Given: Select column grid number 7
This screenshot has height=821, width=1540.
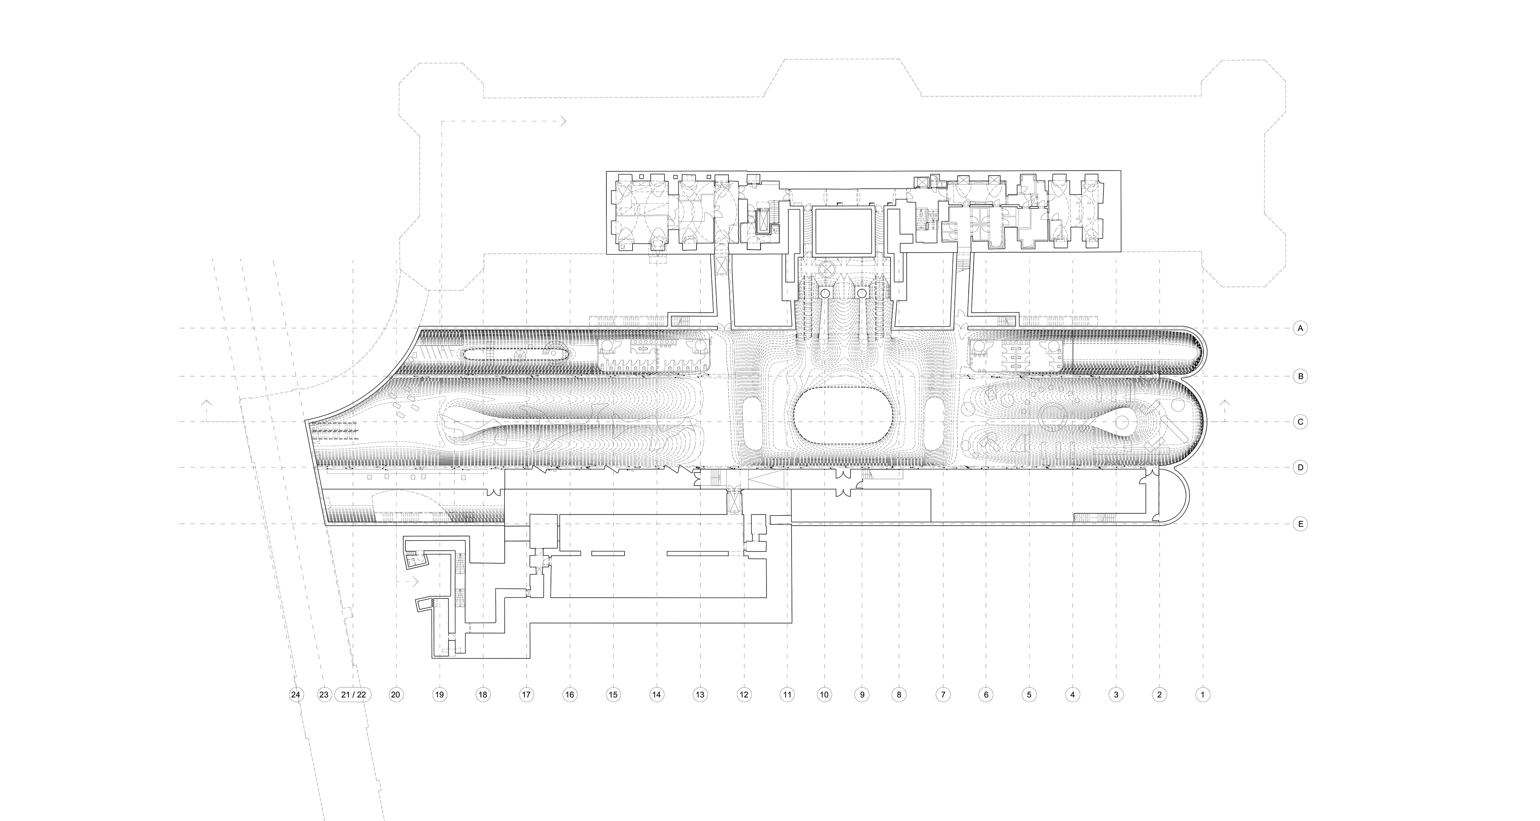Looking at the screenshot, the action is (x=943, y=695).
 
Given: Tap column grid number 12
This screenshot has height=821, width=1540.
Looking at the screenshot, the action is (x=744, y=695).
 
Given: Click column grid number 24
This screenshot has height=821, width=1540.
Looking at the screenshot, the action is (x=295, y=695).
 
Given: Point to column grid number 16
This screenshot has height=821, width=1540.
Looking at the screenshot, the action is (x=570, y=695).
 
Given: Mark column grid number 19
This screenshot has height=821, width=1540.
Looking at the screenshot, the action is (x=439, y=695).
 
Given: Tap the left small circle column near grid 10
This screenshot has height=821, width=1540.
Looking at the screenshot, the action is (x=825, y=293).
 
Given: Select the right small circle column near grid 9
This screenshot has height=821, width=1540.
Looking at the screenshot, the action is (x=862, y=293).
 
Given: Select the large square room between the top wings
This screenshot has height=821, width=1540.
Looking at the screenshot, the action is (x=843, y=230).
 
